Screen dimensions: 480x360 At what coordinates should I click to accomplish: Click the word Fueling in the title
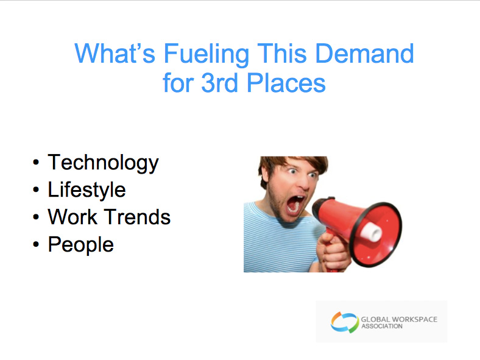(x=206, y=55)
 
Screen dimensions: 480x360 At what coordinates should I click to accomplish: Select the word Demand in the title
(x=364, y=53)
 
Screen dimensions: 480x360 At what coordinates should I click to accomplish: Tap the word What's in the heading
(x=115, y=53)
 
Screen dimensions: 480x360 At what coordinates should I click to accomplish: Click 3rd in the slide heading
(x=219, y=82)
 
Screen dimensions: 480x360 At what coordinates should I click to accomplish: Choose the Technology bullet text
(x=103, y=163)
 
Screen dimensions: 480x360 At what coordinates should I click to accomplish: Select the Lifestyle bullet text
(x=86, y=190)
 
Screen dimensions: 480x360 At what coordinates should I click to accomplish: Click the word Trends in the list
(x=138, y=217)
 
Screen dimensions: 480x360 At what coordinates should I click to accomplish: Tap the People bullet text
(x=81, y=245)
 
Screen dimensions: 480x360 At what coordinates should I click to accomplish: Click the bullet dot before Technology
(x=36, y=163)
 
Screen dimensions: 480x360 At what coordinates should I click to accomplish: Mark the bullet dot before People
(x=36, y=244)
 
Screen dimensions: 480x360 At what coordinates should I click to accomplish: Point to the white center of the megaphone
(x=372, y=231)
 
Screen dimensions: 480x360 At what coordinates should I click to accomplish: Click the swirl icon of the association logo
(x=344, y=322)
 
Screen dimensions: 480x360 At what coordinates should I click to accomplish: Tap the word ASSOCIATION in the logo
(x=382, y=326)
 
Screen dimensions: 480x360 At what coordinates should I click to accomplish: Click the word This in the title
(x=282, y=53)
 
